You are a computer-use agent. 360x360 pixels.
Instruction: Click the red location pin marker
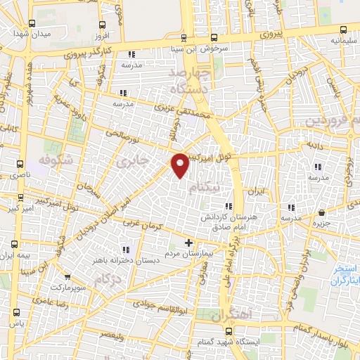181,165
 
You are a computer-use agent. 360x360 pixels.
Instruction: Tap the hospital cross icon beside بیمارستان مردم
188,243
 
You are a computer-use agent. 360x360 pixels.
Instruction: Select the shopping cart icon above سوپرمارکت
67,277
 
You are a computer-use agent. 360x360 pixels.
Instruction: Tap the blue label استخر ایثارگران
346,274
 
